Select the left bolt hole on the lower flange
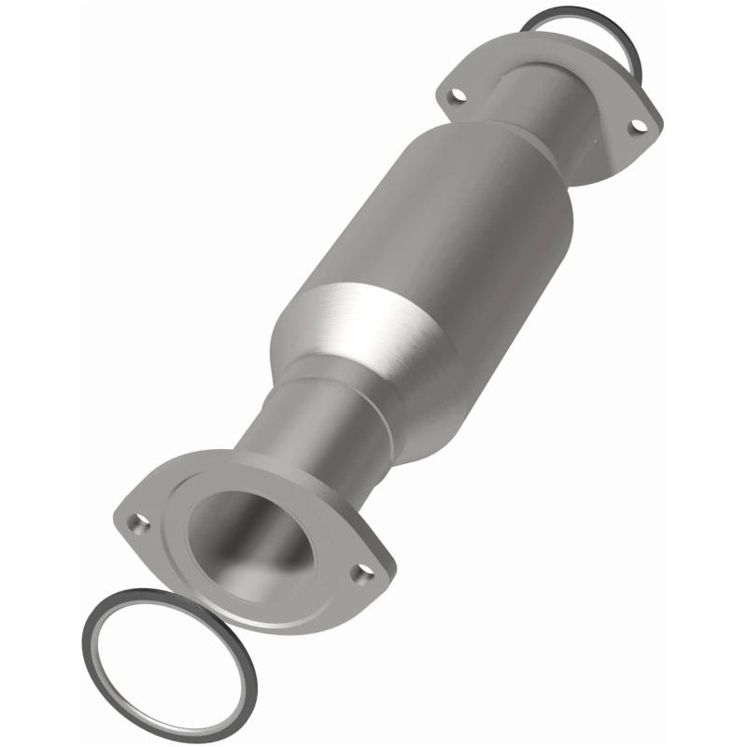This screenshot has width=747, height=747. point(138,524)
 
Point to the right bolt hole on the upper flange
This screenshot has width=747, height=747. point(638,125)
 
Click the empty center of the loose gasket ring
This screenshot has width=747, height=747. point(168,658)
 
